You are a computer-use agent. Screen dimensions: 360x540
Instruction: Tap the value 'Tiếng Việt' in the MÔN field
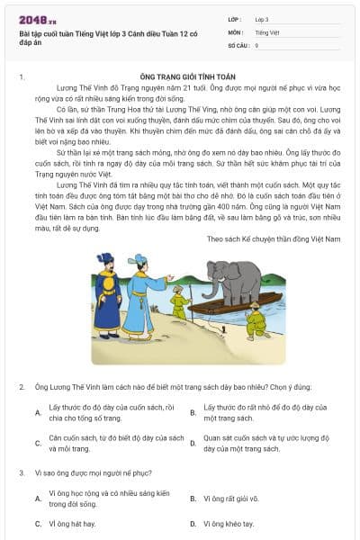(268, 31)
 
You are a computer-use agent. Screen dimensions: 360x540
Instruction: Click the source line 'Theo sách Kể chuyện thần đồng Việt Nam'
(274, 238)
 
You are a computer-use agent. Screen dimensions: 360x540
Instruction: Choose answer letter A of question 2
(38, 412)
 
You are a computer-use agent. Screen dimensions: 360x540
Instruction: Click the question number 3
(22, 472)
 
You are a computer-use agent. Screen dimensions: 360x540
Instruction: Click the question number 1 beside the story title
(22, 78)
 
